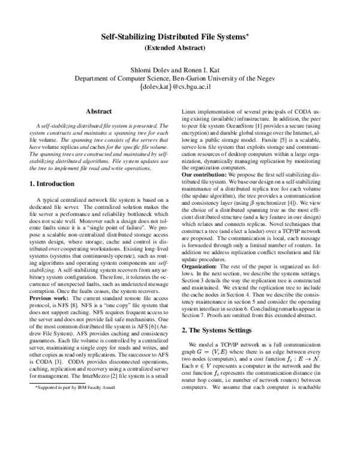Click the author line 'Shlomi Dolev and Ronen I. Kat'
(180, 68)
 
